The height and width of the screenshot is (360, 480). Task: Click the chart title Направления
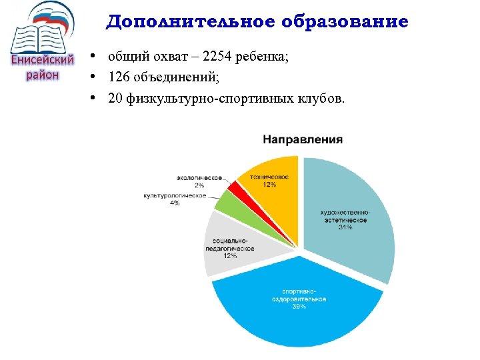[303, 140]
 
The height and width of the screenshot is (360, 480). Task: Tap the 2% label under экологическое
[199, 185]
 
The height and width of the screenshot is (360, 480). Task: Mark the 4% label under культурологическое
[175, 203]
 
